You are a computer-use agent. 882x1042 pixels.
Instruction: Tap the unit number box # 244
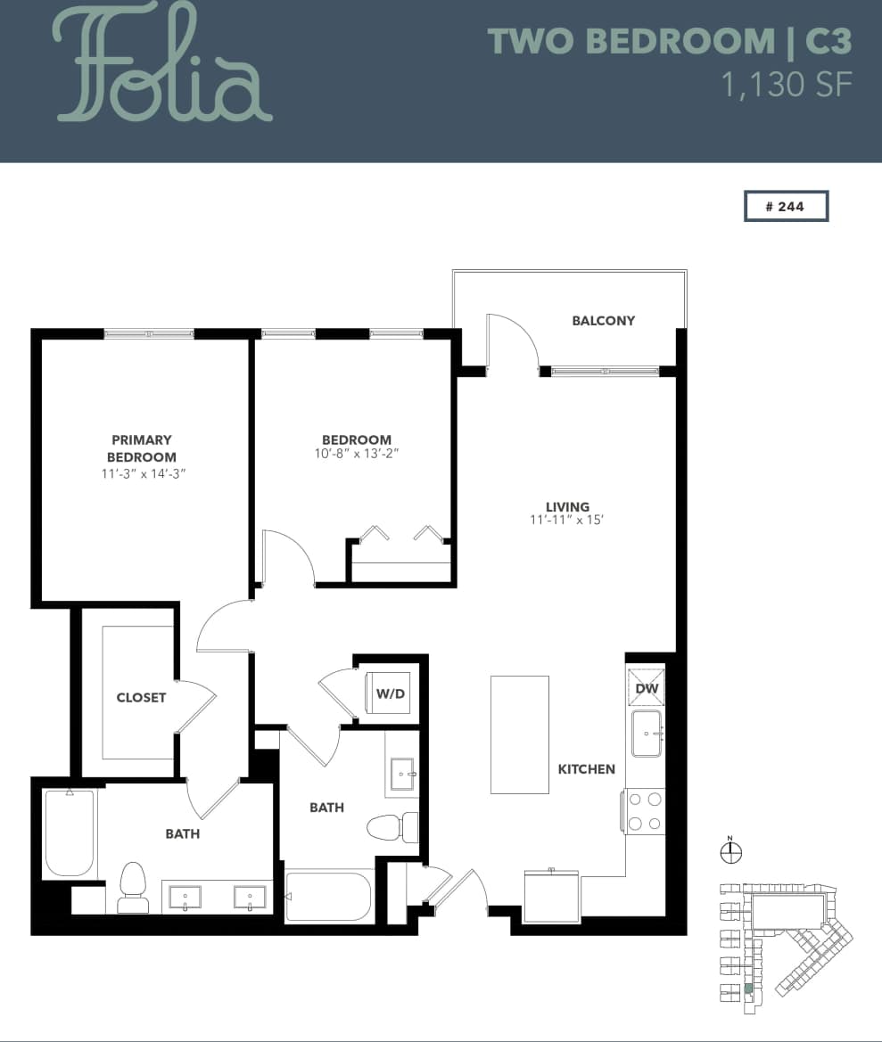(x=786, y=206)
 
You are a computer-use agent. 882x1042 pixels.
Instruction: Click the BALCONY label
(x=603, y=321)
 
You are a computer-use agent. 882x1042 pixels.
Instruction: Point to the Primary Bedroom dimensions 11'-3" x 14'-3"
(x=143, y=474)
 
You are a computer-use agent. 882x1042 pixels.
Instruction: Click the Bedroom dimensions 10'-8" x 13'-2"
(x=357, y=454)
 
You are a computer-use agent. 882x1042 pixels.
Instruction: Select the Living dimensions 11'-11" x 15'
(x=567, y=521)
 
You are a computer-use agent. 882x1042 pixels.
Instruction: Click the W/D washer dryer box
(x=389, y=693)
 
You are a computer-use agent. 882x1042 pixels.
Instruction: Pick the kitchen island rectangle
(x=519, y=734)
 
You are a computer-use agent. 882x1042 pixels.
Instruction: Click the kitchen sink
(x=646, y=733)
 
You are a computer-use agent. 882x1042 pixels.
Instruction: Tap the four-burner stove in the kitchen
(x=645, y=811)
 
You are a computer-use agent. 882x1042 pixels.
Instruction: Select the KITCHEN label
(x=586, y=769)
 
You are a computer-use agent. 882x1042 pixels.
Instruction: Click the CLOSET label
(x=141, y=697)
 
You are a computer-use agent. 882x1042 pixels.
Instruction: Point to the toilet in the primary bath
(x=134, y=888)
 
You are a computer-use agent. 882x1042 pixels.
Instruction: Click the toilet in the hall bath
(x=393, y=826)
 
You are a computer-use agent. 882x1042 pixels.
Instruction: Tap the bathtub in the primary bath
(x=70, y=833)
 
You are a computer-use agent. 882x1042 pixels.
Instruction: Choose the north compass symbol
(x=730, y=852)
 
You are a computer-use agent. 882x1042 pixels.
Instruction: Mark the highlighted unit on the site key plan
(x=748, y=989)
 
